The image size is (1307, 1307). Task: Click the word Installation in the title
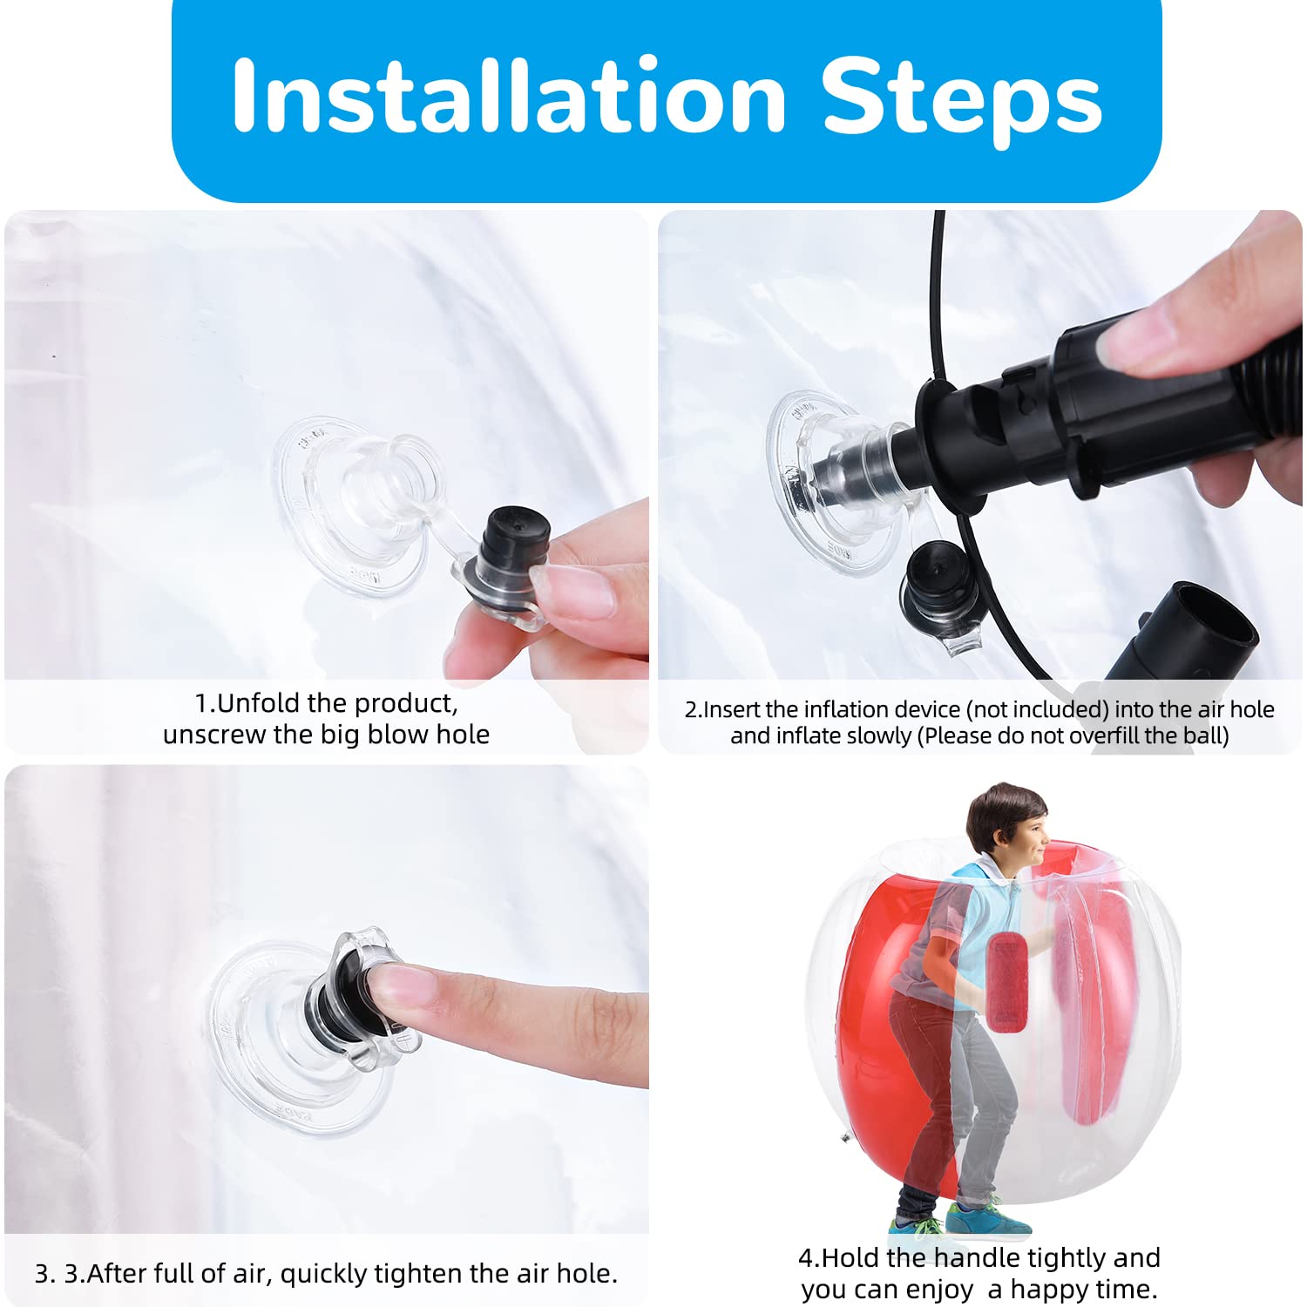click(510, 96)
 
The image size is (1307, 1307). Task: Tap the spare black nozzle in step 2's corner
click(1189, 632)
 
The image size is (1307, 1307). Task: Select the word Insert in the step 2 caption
click(731, 710)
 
